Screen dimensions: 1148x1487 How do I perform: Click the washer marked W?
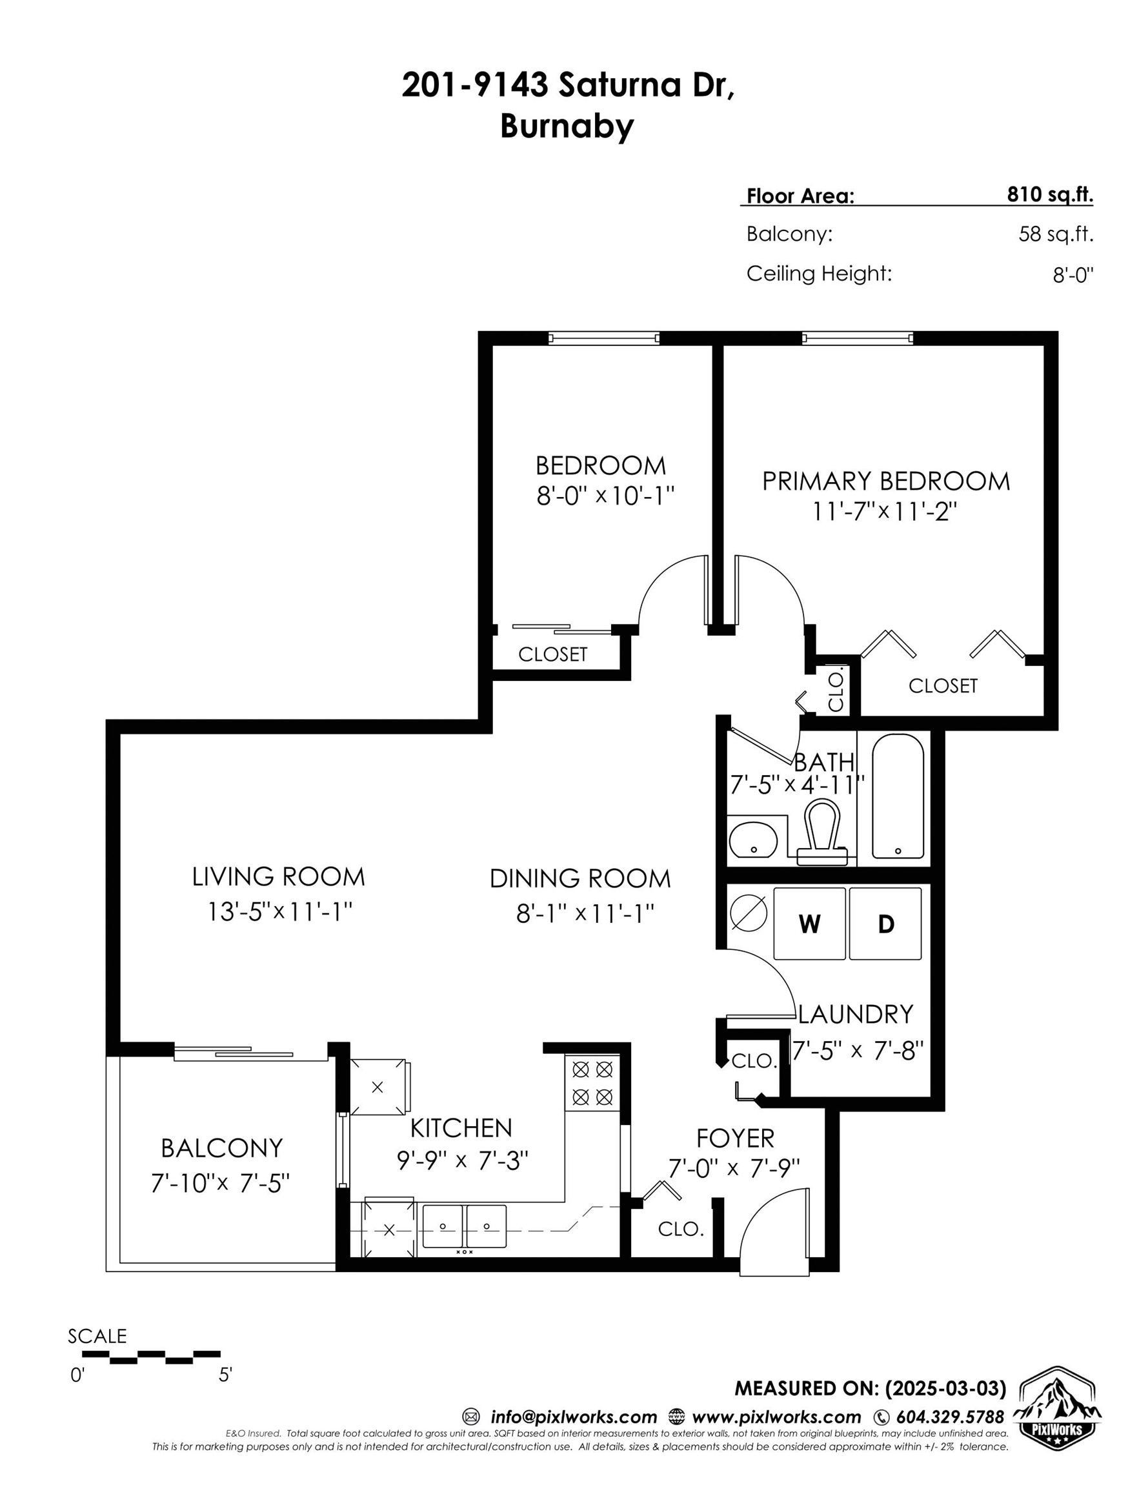tap(809, 924)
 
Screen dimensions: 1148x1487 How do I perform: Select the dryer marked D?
tap(885, 924)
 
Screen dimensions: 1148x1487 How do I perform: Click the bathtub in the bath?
tap(898, 796)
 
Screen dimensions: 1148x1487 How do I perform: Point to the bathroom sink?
tap(753, 840)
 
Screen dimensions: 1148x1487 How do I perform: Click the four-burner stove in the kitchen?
tap(592, 1083)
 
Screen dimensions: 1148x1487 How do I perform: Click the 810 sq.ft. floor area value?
tap(1050, 195)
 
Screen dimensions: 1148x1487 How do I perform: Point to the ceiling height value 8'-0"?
tap(1073, 275)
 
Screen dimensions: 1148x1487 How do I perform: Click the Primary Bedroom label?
tap(885, 481)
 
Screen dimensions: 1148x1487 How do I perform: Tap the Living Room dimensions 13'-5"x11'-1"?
tap(279, 911)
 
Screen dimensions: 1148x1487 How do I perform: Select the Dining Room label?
tap(580, 878)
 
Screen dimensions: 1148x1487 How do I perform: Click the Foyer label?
tap(736, 1138)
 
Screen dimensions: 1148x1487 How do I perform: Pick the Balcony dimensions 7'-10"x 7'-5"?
tap(221, 1182)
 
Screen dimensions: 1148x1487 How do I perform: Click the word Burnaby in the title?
tap(567, 125)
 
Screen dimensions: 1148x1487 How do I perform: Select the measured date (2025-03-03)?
tap(945, 1388)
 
